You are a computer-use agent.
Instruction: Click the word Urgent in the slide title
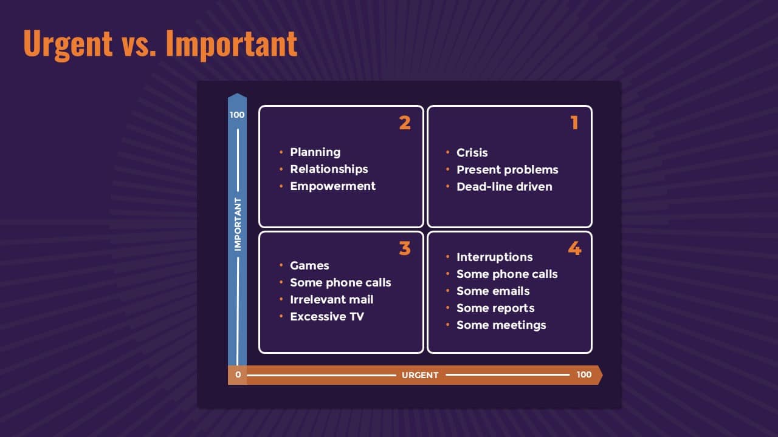coord(68,44)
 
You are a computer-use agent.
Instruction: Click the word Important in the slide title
coord(232,44)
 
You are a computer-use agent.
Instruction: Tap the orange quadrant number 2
coord(405,123)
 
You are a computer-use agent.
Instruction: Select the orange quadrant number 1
coord(574,123)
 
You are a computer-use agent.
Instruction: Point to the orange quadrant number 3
coord(405,248)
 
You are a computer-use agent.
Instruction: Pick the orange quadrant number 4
coord(575,248)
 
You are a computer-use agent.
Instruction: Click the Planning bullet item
coord(315,152)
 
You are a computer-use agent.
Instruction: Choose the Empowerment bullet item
coord(332,186)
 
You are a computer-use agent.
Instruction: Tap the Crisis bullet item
coord(472,152)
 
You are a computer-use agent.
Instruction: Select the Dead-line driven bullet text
coord(504,186)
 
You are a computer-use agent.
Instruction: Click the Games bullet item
coord(309,266)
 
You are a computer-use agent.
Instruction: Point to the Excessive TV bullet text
coord(327,317)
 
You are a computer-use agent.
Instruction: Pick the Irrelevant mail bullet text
coord(332,300)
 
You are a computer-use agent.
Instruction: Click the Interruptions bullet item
coord(495,257)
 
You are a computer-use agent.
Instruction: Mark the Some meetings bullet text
coord(501,325)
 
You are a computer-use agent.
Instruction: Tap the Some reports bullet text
coord(495,308)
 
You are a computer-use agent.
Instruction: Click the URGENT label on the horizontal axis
coord(420,375)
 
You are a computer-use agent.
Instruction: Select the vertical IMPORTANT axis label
coord(238,225)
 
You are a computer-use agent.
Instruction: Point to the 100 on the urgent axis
coord(584,374)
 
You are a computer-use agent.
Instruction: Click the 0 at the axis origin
coord(238,374)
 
